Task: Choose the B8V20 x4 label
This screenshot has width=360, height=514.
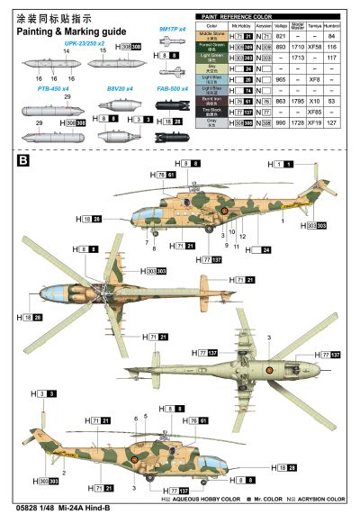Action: pos(120,89)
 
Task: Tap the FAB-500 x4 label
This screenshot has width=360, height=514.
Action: pos(172,89)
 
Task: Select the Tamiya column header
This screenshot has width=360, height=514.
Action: pos(315,25)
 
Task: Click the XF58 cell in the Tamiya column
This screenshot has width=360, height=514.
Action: pos(315,44)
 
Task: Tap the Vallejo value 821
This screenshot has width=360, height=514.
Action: pos(279,35)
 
